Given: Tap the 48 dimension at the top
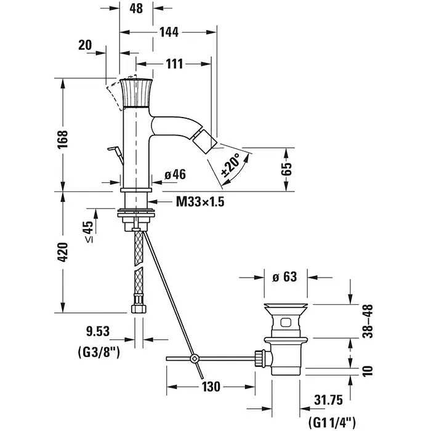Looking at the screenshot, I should [x=136, y=9].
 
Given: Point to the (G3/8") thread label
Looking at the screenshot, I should [x=99, y=353].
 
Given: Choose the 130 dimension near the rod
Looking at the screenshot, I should [x=211, y=387].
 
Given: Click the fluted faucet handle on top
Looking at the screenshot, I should [x=137, y=93].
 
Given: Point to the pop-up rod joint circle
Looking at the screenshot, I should [x=195, y=358].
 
